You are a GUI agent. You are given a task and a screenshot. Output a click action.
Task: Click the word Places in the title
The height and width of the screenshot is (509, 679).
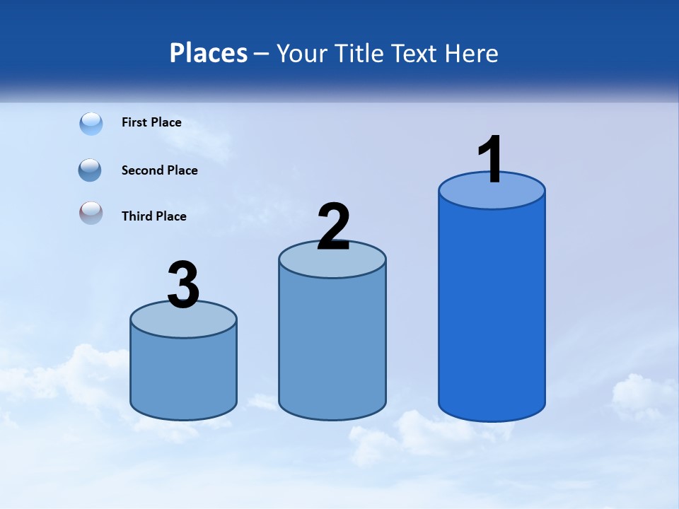[209, 53]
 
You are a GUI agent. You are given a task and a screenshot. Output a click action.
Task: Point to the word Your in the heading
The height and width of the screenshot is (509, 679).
[303, 53]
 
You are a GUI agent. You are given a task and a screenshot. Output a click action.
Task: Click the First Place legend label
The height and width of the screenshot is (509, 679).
[151, 122]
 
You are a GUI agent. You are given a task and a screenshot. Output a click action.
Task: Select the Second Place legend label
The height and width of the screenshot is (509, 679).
[159, 170]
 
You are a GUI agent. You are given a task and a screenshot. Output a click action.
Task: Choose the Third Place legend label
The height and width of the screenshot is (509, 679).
[153, 216]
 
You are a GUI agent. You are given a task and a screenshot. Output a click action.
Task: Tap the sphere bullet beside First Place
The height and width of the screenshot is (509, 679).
[91, 124]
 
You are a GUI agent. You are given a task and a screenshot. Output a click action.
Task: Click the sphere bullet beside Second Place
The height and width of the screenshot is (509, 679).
[91, 170]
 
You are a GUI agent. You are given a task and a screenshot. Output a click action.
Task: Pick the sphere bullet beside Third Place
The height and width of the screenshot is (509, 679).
[91, 213]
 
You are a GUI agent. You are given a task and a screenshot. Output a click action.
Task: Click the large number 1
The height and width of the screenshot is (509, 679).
[491, 160]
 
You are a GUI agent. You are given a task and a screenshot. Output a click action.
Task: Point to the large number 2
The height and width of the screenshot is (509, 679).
[334, 228]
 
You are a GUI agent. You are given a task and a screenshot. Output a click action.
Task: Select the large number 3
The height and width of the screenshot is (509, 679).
[184, 286]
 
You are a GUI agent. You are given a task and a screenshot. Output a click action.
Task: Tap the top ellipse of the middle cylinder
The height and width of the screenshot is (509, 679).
[332, 264]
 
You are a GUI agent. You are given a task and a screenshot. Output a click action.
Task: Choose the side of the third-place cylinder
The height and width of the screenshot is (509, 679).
[184, 375]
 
